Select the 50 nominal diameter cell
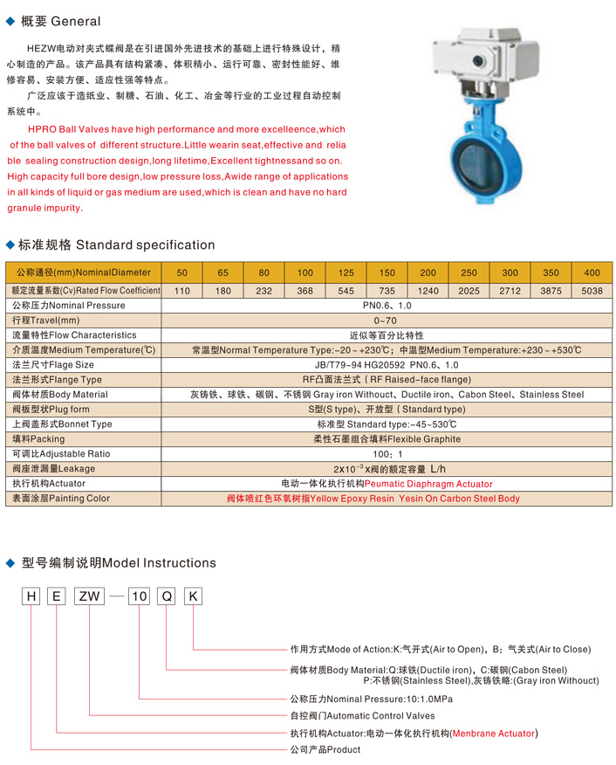(x=181, y=272)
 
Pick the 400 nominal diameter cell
(x=592, y=272)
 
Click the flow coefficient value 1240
(x=428, y=289)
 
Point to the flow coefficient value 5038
(x=592, y=289)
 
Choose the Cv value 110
(x=181, y=289)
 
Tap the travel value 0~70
(x=387, y=320)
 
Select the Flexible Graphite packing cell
(x=387, y=439)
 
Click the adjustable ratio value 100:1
(x=387, y=454)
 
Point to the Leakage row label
(x=53, y=469)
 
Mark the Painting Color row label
(x=60, y=499)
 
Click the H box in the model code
(x=31, y=597)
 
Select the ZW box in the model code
(x=90, y=597)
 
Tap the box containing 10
(x=140, y=597)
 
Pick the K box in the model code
(x=194, y=597)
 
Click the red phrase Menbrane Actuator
(x=493, y=734)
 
